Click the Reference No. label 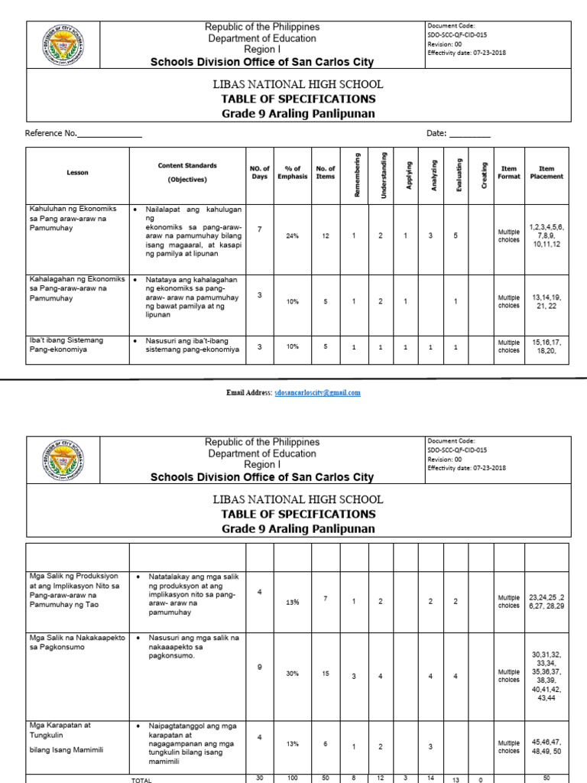coord(50,133)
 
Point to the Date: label coord(436,133)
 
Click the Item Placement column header coord(546,173)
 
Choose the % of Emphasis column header coord(293,173)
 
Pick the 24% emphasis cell coord(293,236)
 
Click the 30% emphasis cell coord(293,674)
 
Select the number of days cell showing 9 coord(260,668)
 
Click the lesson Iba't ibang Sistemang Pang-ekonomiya coord(67,345)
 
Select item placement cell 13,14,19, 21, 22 coord(546,301)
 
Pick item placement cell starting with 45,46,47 coord(546,746)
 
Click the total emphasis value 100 coord(293,778)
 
